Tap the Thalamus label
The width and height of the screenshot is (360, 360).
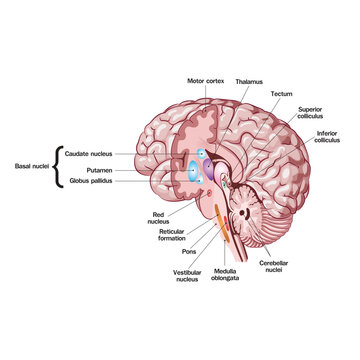[250, 80]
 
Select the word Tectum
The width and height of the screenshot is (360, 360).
[281, 93]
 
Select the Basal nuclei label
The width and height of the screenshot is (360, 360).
[26, 167]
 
